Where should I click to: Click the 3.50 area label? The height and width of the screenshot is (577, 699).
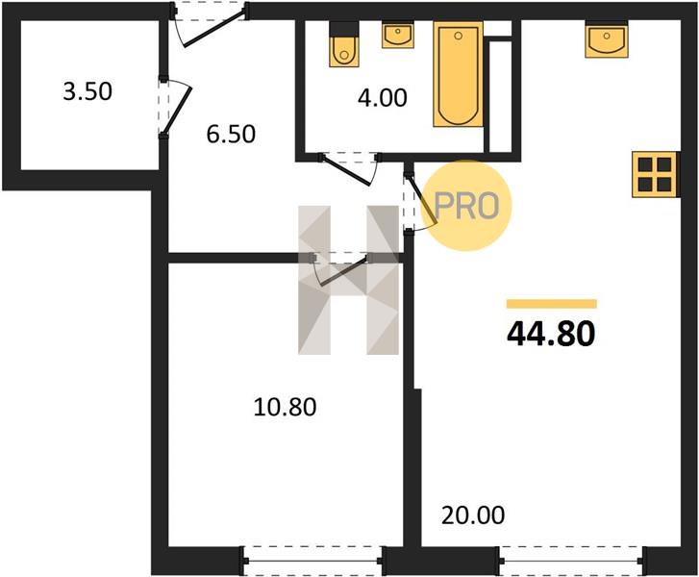click(x=87, y=91)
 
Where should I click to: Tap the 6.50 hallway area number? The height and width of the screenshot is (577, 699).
click(x=231, y=134)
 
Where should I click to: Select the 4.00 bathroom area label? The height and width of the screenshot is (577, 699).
click(x=383, y=98)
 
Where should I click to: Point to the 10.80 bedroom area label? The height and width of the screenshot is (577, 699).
click(x=285, y=407)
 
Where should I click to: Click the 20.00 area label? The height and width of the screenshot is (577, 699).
click(x=473, y=515)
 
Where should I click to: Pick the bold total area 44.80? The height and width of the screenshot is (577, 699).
click(x=551, y=335)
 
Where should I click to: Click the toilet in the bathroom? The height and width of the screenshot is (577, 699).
click(x=343, y=44)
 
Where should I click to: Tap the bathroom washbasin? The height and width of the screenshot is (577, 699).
click(x=398, y=36)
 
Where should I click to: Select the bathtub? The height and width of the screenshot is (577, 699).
click(x=459, y=74)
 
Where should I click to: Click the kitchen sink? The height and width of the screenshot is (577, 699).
click(x=607, y=39)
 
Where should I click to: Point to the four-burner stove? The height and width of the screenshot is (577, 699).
click(x=655, y=174)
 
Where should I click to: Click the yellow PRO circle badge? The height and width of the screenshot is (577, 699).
click(x=466, y=206)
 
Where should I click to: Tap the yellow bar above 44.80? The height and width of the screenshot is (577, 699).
click(x=552, y=304)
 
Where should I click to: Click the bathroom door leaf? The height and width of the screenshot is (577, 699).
click(x=346, y=170)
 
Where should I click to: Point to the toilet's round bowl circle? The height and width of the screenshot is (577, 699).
click(x=343, y=55)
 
